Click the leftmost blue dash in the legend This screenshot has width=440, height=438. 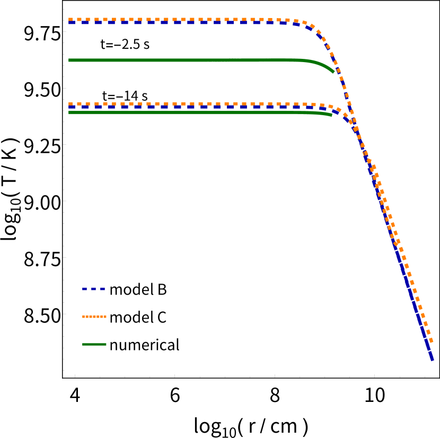pos(84,289)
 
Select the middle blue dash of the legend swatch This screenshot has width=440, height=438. pos(94,289)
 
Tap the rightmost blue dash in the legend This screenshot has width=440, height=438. pos(103,289)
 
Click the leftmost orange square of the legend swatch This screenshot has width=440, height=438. pos(84,317)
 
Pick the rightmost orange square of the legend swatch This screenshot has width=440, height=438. pos(105,317)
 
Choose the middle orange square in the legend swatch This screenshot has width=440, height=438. pos(94,317)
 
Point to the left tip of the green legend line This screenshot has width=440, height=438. pos(83,344)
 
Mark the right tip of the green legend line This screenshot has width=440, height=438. pos(106,344)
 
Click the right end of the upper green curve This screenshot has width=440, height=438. pos(333,72)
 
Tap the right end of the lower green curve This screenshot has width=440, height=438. pos(331,115)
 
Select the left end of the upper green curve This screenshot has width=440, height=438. pos(69,60)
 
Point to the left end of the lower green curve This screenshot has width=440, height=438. pos(69,112)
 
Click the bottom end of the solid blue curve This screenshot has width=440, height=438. pos(433,360)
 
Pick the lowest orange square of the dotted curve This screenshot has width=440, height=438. pos(431,341)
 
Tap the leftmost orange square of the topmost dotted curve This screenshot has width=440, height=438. pos(71,20)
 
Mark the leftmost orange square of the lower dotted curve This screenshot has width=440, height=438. pos(71,104)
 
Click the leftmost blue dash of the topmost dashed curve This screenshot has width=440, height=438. pos(71,22)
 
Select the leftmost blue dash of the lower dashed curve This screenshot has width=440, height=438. pos(71,107)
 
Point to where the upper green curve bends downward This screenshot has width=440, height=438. pos(313,62)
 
